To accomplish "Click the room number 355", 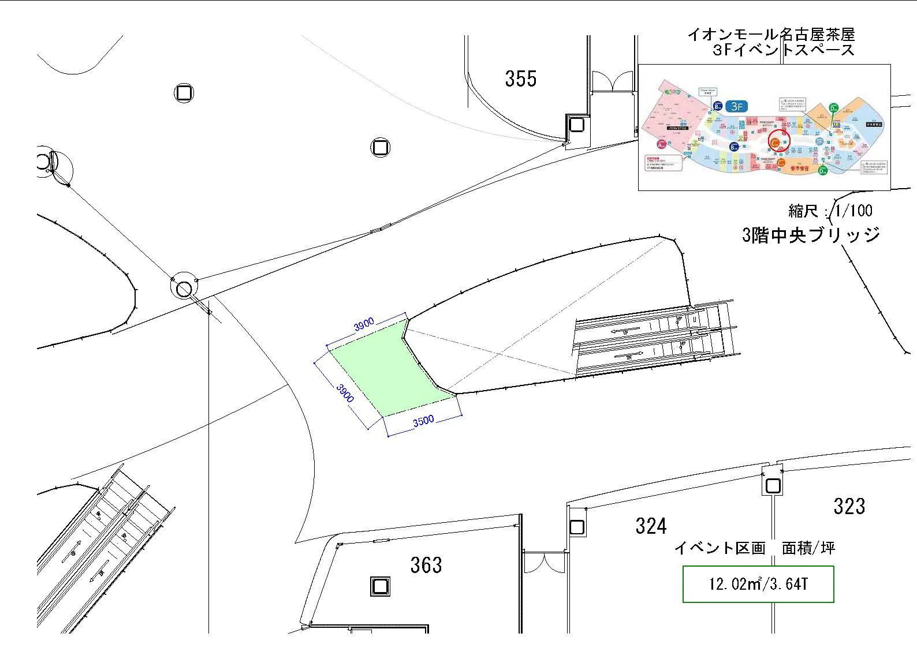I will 520,78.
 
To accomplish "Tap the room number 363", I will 426,565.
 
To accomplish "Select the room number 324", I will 650,526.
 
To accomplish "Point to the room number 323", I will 849,506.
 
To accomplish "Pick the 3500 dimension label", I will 423,421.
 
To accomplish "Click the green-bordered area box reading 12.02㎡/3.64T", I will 758,584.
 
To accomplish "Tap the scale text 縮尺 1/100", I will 830,211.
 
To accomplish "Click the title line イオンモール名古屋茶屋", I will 770,35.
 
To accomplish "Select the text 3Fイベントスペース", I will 783,50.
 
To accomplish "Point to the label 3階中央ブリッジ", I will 811,235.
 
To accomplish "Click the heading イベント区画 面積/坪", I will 754,548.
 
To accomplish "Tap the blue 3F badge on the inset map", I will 736,106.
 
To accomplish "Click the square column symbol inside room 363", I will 379,587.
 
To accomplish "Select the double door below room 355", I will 612,81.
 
